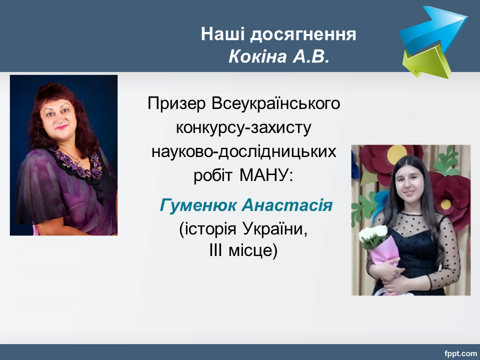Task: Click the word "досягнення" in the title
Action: click(x=303, y=34)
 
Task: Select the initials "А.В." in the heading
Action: click(x=310, y=56)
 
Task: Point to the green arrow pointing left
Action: click(x=427, y=63)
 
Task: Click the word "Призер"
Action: click(x=176, y=104)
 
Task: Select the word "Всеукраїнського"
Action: click(x=275, y=103)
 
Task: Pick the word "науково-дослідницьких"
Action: click(x=244, y=152)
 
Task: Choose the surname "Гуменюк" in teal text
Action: click(x=198, y=205)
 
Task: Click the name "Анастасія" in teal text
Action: click(x=287, y=205)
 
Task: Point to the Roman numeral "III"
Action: click(x=215, y=250)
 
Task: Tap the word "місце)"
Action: click(x=253, y=250)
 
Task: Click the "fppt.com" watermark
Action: click(x=460, y=353)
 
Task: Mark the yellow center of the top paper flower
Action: click(x=396, y=154)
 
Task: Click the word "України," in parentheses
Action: click(x=275, y=229)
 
